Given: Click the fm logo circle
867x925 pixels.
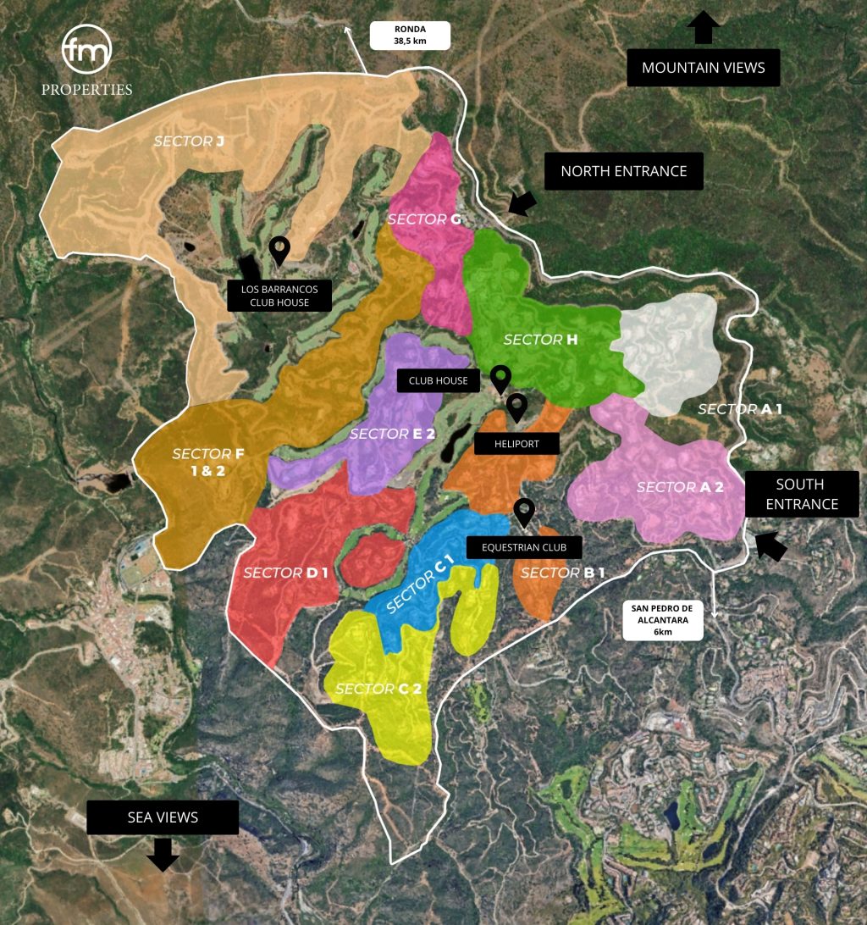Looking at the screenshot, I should click(86, 51).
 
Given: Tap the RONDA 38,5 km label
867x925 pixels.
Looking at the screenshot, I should click(410, 36).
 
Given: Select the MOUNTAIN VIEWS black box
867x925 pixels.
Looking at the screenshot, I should click(703, 68).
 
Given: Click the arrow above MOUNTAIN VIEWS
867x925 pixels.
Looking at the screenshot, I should click(703, 27).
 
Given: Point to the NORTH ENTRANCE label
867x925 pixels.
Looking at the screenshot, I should click(623, 171).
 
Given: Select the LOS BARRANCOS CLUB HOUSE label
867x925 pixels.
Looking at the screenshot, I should click(279, 296).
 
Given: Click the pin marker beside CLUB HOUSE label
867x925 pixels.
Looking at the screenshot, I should click(501, 378).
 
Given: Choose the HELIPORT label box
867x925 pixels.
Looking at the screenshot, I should click(516, 443).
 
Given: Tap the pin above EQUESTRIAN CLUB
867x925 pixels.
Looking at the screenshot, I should click(525, 511).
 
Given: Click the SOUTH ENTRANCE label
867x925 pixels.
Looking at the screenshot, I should click(801, 495).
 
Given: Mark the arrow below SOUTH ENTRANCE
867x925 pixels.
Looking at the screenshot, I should click(770, 545).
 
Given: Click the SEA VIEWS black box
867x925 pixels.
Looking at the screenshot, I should click(163, 817).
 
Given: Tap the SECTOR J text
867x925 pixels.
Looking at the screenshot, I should click(188, 141).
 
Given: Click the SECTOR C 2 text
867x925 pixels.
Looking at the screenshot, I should click(378, 689).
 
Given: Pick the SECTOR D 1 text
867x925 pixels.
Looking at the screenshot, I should click(285, 573).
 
